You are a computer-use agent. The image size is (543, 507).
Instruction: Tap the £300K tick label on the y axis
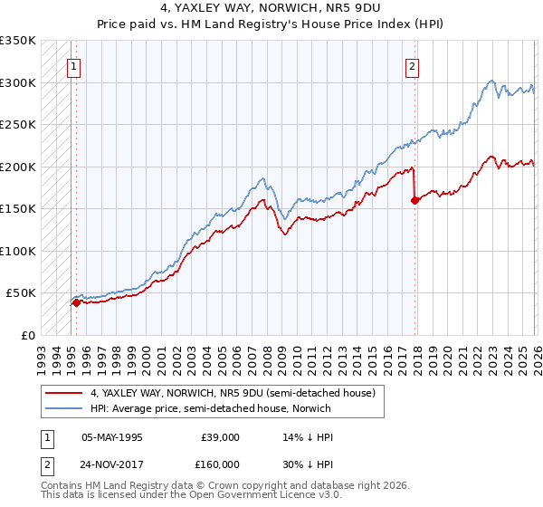point(18,82)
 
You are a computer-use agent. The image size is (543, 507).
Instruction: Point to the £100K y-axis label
point(18,251)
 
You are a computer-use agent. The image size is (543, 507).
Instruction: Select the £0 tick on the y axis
point(29,336)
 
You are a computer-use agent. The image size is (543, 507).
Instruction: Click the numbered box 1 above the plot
point(72,65)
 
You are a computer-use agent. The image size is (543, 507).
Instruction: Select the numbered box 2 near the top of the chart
point(412,65)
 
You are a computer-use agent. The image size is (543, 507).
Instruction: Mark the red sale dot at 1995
point(76,303)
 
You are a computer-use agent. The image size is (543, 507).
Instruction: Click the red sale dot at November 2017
point(415,201)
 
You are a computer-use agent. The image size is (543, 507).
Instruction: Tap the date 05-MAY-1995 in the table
point(112,436)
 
